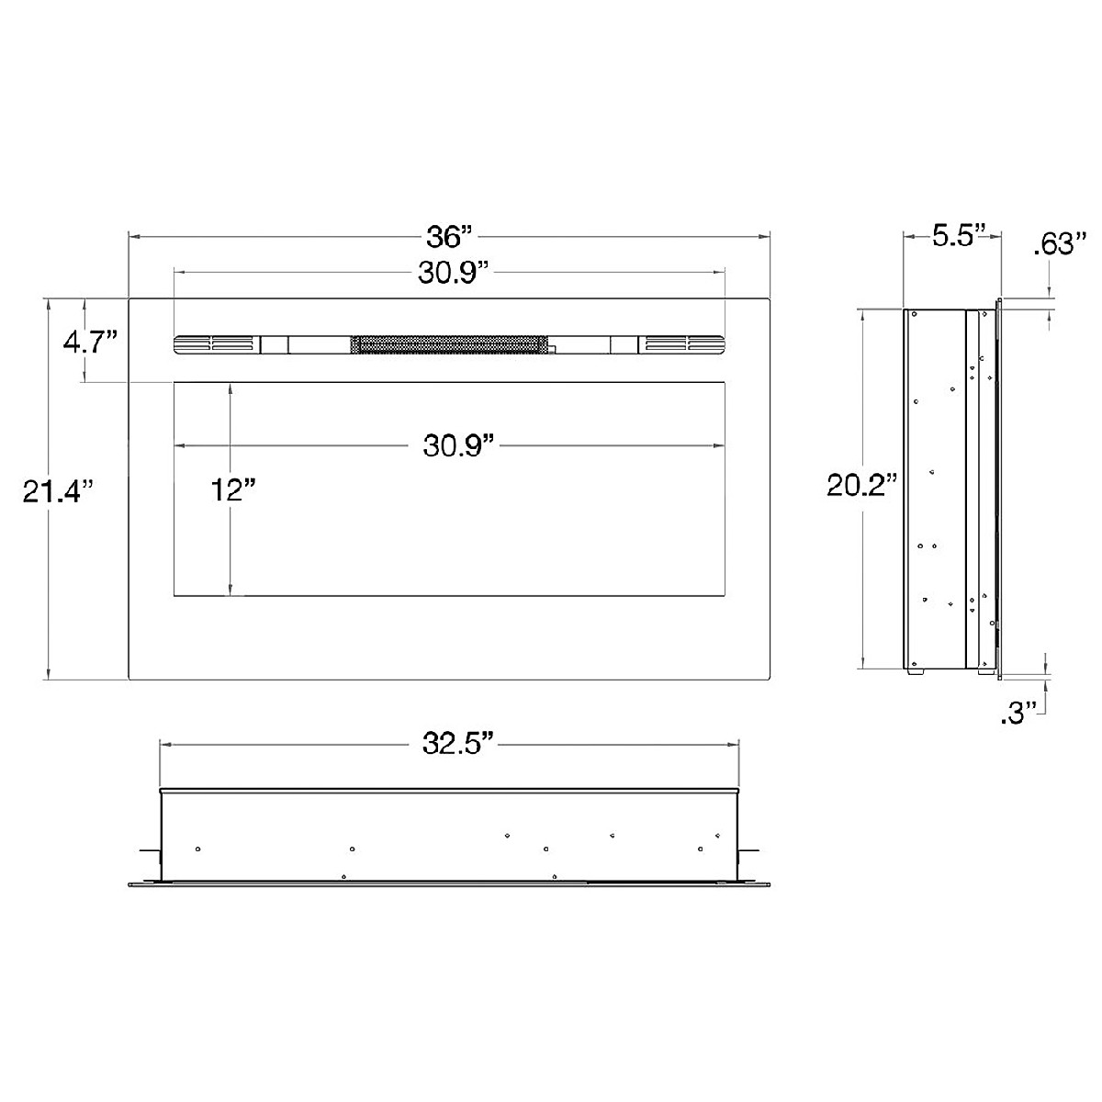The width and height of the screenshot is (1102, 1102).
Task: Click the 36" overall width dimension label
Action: [x=448, y=237]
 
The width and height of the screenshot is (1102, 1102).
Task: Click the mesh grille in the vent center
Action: [x=450, y=344]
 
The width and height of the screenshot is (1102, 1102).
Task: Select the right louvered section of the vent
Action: [x=683, y=344]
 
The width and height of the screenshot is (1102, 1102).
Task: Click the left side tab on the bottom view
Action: [x=150, y=855]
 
